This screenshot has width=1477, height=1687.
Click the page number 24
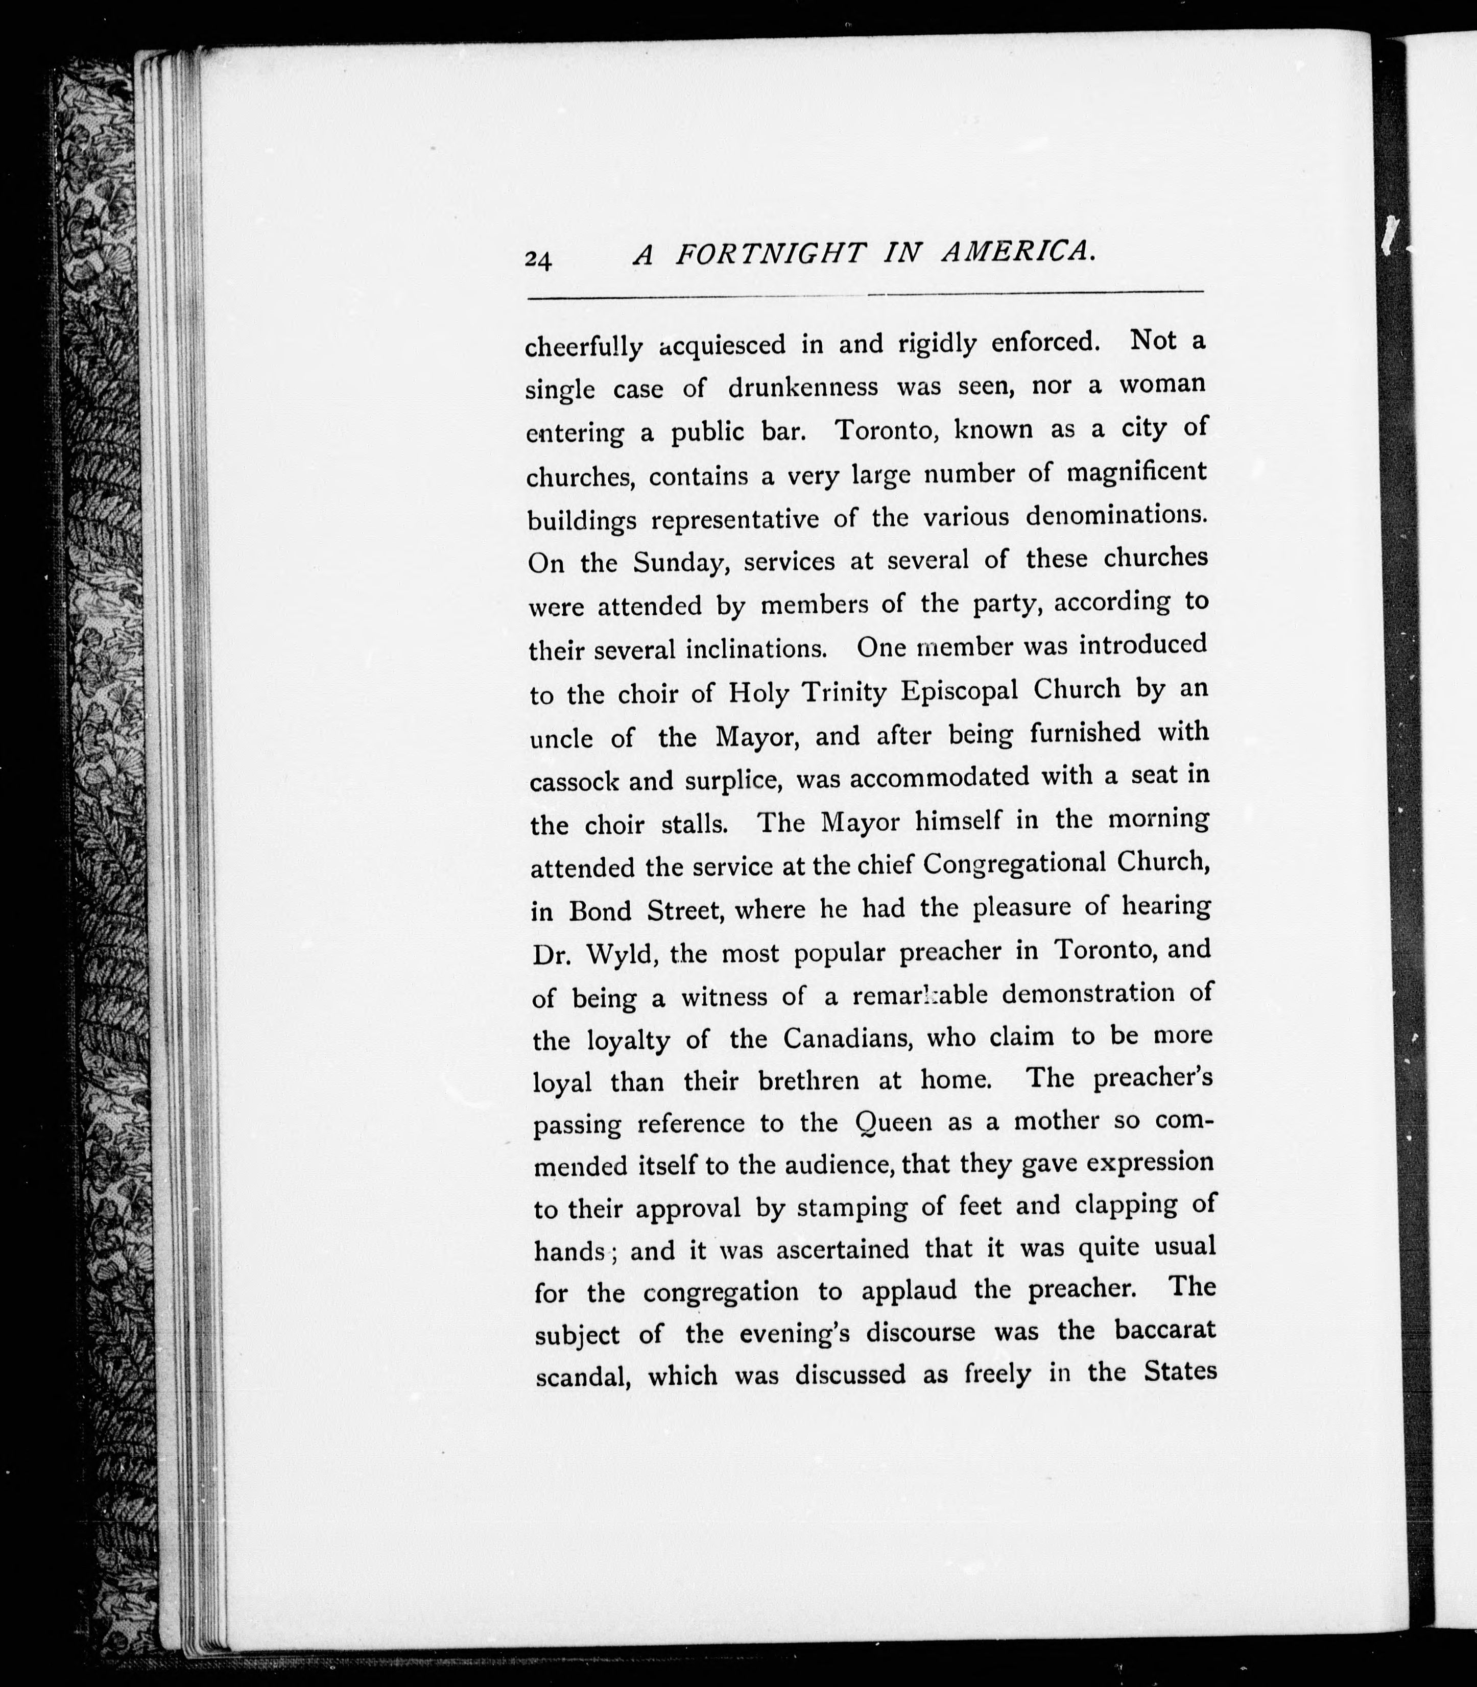coord(538,259)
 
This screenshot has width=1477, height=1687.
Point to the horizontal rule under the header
coord(866,294)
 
